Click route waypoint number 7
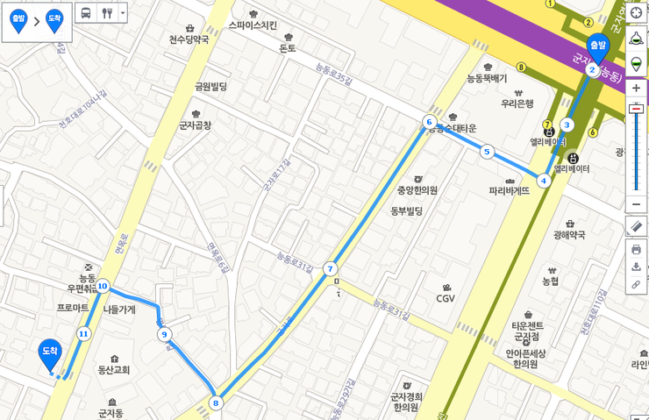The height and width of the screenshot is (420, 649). point(330,268)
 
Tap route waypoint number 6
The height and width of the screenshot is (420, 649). point(429,122)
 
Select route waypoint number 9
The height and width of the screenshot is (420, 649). point(164,334)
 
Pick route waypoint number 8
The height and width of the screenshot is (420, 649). point(216,403)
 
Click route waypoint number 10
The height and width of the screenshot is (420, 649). point(103,286)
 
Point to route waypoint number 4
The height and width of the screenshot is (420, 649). point(544,181)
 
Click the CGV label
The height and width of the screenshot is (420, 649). point(446,298)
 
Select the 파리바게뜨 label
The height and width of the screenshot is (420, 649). point(509,190)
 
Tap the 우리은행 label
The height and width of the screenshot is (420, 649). point(517,103)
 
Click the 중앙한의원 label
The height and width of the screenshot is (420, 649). point(417,190)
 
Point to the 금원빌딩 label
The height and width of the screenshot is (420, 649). point(210,86)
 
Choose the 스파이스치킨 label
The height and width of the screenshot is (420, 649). point(253,25)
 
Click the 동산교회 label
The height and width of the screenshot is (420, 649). point(114,369)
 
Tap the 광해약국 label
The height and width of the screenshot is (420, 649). point(569,234)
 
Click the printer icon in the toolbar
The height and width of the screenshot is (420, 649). point(636,249)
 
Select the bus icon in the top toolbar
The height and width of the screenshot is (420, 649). point(86,13)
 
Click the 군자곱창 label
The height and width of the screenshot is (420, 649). point(195,125)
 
